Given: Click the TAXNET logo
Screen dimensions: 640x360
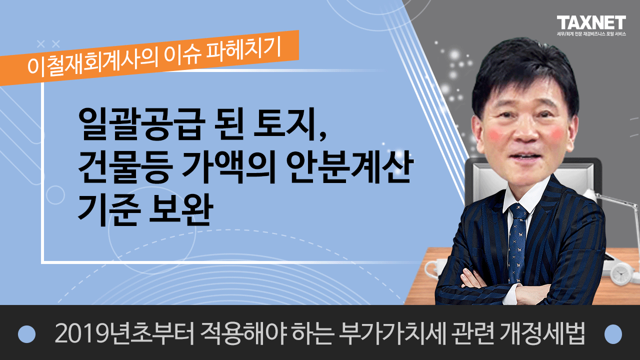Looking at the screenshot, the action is [591, 23].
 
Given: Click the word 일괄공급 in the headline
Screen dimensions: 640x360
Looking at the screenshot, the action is [142, 124].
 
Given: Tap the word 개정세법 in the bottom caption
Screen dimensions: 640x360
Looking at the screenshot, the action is [542, 333].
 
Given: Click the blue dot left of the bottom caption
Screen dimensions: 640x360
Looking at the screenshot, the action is [26, 334].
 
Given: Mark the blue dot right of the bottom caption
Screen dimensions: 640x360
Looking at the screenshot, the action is [613, 334].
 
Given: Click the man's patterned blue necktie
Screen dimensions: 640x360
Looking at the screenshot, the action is [517, 243].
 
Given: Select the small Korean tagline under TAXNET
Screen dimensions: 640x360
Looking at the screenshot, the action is [591, 33].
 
